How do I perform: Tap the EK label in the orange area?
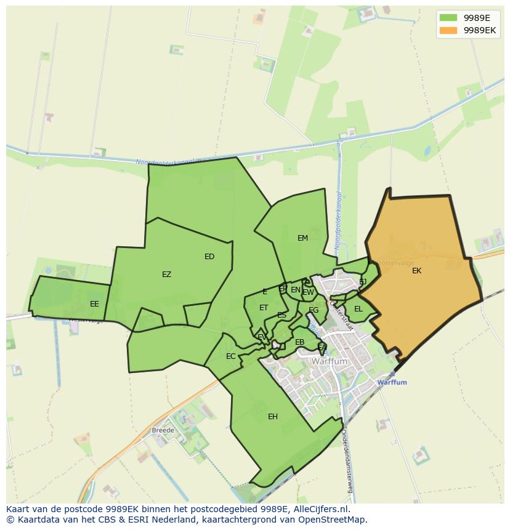[x=417, y=270]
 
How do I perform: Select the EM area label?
[x=302, y=238]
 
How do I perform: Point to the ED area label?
[x=209, y=257]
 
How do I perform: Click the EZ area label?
[x=166, y=275]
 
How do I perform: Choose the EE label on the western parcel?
[x=94, y=303]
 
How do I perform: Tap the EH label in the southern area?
[x=273, y=417]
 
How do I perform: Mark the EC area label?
[x=230, y=356]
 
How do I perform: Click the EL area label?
[x=358, y=309]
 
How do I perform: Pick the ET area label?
[x=264, y=308]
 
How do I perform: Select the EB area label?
[x=300, y=342]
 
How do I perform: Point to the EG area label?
[x=314, y=310]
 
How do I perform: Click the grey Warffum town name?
[x=330, y=362]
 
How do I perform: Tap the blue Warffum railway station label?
[x=392, y=382]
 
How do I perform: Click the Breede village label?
[x=163, y=430]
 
